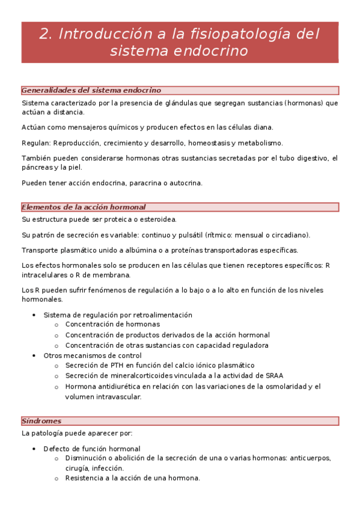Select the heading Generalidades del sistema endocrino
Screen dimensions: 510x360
[x=91, y=90]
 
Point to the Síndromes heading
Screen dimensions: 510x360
[x=41, y=421]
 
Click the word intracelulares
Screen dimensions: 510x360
[x=47, y=275]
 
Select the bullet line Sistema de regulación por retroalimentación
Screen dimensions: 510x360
[x=118, y=315]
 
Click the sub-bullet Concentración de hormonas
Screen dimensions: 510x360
[x=109, y=325]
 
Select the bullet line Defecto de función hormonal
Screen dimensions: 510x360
[x=92, y=449]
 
